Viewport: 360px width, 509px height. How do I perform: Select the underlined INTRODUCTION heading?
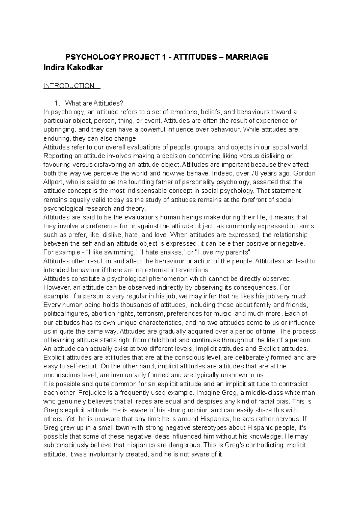tap(71, 86)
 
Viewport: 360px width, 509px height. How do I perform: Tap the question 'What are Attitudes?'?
tap(94, 103)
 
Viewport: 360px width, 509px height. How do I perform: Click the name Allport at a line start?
tap(53, 182)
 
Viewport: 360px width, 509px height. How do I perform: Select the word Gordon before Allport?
tap(304, 174)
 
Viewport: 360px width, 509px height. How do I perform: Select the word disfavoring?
tap(106, 165)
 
